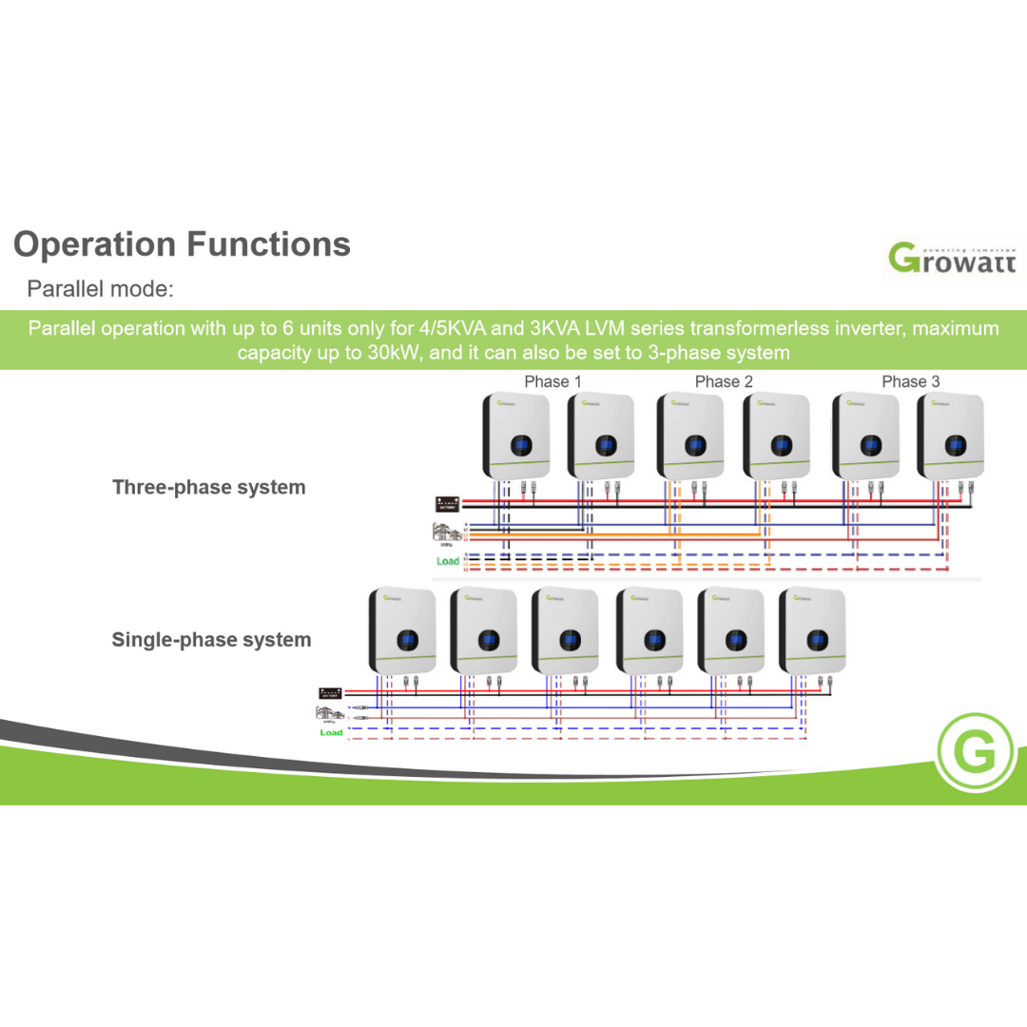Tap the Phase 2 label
pyautogui.click(x=724, y=381)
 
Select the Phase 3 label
pyautogui.click(x=910, y=381)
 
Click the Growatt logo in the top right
pyautogui.click(x=952, y=258)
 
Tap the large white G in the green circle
pyautogui.click(x=974, y=754)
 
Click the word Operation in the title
pyautogui.click(x=94, y=244)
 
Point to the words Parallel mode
pyautogui.click(x=100, y=288)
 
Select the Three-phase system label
pyautogui.click(x=209, y=488)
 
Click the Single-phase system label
pyautogui.click(x=211, y=640)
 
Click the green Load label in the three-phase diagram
pyautogui.click(x=447, y=561)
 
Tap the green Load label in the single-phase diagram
pyautogui.click(x=331, y=732)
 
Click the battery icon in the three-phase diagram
pyautogui.click(x=447, y=504)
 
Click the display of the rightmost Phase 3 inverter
pyautogui.click(x=955, y=445)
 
